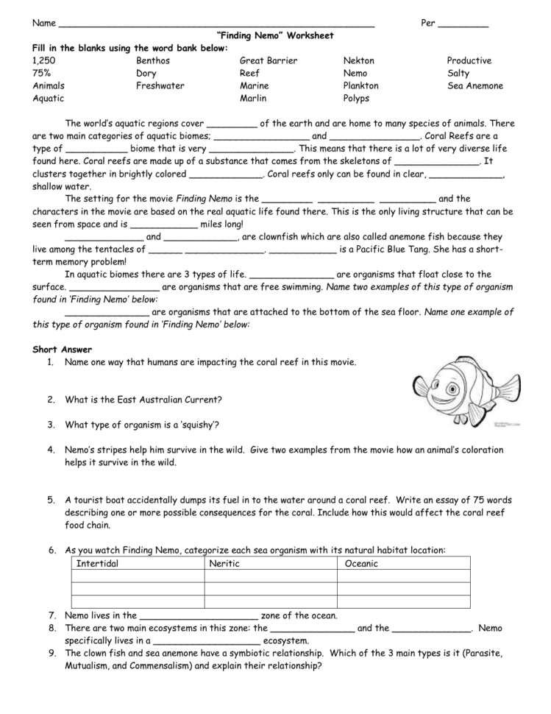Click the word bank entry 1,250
pyautogui.click(x=43, y=60)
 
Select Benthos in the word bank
pyautogui.click(x=154, y=60)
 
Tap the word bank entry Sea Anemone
pyautogui.click(x=474, y=85)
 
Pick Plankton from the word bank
pyautogui.click(x=360, y=85)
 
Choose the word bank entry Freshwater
pyautogui.click(x=160, y=85)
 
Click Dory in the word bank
pyautogui.click(x=146, y=73)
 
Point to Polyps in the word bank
pyautogui.click(x=356, y=98)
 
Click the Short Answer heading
pyautogui.click(x=63, y=349)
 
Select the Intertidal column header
pyautogui.click(x=97, y=564)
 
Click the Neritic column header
pyautogui.click(x=224, y=564)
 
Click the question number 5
pyautogui.click(x=51, y=500)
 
